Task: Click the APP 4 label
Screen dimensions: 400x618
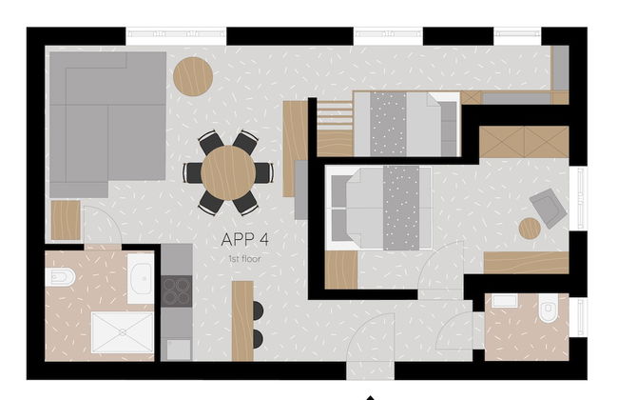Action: pos(244,239)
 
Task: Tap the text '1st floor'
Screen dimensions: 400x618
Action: pos(244,258)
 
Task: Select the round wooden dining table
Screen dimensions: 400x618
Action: pos(228,172)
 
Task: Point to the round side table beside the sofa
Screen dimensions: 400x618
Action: pos(193,76)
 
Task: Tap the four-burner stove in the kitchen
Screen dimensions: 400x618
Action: pos(176,290)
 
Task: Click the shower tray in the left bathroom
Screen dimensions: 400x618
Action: pos(122,333)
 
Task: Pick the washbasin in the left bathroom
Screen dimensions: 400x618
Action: pos(141,278)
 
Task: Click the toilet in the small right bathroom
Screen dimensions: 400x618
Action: pos(549,310)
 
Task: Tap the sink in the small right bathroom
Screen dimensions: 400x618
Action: pos(505,302)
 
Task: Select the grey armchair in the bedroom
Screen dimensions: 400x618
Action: pos(547,206)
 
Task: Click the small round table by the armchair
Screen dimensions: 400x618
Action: pos(530,229)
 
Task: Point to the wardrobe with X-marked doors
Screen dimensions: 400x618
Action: pos(523,142)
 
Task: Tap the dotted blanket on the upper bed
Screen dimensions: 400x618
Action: pos(387,123)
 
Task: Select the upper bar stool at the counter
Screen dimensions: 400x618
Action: pos(258,310)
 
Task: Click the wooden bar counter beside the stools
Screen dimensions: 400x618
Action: pos(242,321)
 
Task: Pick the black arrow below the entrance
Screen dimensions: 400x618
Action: pos(371,396)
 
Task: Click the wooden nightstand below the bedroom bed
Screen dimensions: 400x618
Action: pos(341,270)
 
